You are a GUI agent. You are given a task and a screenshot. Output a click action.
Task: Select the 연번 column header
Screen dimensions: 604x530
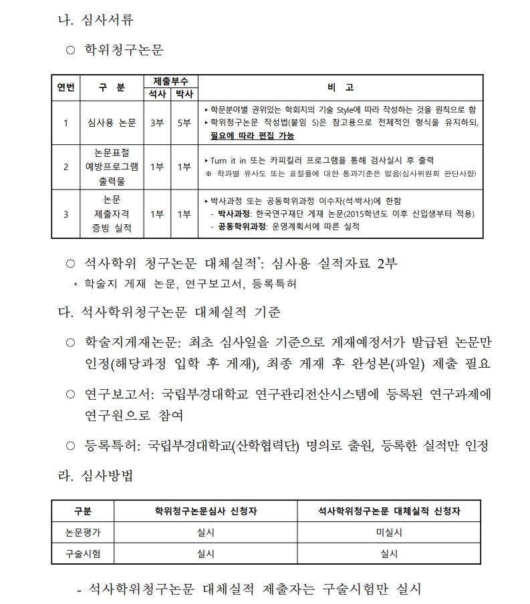65,87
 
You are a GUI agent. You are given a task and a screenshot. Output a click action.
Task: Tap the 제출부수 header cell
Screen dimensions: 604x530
170,81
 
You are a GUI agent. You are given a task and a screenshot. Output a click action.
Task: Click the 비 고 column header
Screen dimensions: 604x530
340,87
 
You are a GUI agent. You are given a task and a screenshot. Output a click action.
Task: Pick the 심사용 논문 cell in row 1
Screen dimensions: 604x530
112,123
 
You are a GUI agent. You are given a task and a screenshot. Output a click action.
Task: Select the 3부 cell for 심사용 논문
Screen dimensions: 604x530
157,123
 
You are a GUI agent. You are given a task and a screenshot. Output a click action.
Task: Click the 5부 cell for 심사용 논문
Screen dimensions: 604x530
183,123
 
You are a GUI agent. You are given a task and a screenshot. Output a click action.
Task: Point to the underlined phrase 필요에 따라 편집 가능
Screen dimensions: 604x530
252,135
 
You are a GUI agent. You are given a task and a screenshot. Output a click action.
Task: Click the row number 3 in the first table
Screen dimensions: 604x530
65,214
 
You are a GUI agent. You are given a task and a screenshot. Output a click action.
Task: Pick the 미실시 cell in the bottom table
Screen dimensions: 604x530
389,533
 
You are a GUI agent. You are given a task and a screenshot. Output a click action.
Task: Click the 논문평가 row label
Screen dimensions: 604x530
82,533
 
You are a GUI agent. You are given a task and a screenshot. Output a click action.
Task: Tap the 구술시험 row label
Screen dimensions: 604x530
82,553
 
